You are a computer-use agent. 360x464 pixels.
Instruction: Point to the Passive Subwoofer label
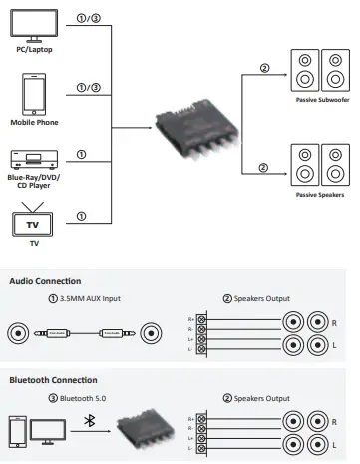pyautogui.click(x=322, y=100)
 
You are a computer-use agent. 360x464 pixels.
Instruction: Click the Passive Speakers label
pyautogui.click(x=322, y=194)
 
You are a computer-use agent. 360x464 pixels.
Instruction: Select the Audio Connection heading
pyautogui.click(x=45, y=281)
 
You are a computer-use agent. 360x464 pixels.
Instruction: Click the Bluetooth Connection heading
pyautogui.click(x=53, y=380)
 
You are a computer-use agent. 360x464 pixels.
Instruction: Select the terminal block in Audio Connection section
pyautogui.click(x=201, y=334)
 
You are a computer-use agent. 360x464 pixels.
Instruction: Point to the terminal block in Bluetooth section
pyautogui.click(x=201, y=433)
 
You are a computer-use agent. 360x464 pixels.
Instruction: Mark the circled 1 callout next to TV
pyautogui.click(x=81, y=216)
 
